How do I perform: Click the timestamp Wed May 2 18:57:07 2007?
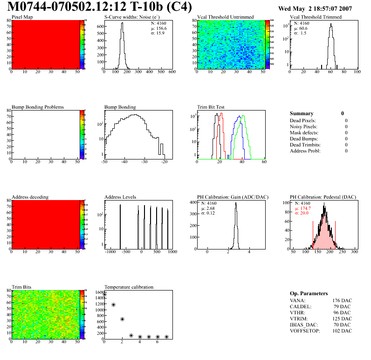[315, 9]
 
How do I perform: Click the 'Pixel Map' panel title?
[22, 17]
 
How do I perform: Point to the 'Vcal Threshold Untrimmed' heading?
[226, 17]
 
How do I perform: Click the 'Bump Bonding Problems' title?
[38, 107]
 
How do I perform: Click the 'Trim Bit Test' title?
[211, 107]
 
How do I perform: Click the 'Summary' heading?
[302, 113]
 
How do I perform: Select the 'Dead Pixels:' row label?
[303, 120]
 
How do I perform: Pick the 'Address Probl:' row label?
[305, 151]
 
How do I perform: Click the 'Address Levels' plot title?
[120, 197]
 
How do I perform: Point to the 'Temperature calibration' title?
[129, 287]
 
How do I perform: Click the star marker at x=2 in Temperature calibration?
[122, 319]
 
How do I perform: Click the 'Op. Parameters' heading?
[309, 293]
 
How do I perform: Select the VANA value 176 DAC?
[342, 300]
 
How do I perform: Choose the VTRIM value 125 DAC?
[342, 318]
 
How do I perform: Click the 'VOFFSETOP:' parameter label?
[306, 331]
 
